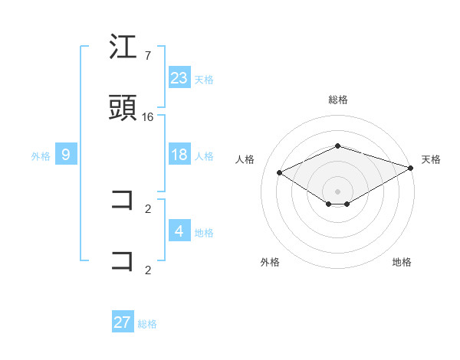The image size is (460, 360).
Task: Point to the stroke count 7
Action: (147, 56)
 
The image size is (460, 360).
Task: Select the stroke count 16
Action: (148, 116)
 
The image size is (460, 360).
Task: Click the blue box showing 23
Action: (179, 78)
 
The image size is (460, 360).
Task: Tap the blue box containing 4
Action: (179, 231)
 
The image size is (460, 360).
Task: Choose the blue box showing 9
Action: (66, 155)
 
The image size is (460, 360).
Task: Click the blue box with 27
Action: (123, 322)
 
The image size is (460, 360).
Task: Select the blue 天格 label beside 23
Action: (204, 79)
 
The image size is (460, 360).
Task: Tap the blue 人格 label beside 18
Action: (204, 156)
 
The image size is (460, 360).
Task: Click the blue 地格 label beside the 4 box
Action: (204, 232)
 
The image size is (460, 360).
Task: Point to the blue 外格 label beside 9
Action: (41, 156)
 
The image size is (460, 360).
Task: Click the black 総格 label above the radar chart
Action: (337, 100)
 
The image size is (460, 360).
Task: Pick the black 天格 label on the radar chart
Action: (431, 159)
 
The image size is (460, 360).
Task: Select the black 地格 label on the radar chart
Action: (402, 262)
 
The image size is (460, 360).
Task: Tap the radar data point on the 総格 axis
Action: (337, 146)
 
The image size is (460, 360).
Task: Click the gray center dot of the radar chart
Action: (337, 191)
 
